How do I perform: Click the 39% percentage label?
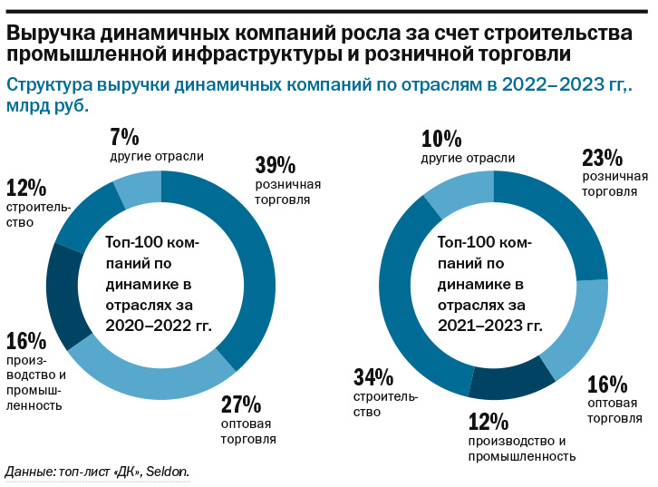click(x=275, y=165)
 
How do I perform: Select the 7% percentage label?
click(x=124, y=137)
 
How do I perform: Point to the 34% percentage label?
click(x=373, y=376)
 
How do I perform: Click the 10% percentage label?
click(x=441, y=139)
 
